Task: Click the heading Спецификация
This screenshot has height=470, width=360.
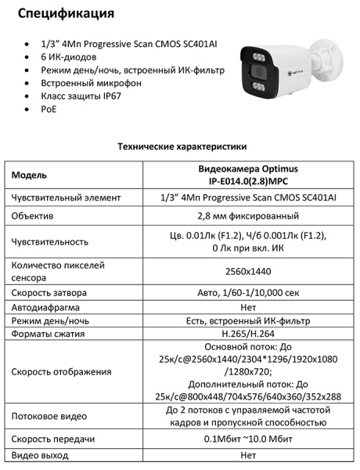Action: [66, 13]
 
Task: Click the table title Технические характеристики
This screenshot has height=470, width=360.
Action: [182, 146]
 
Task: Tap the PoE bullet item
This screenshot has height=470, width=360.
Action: [49, 109]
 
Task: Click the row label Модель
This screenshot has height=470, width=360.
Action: [30, 175]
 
